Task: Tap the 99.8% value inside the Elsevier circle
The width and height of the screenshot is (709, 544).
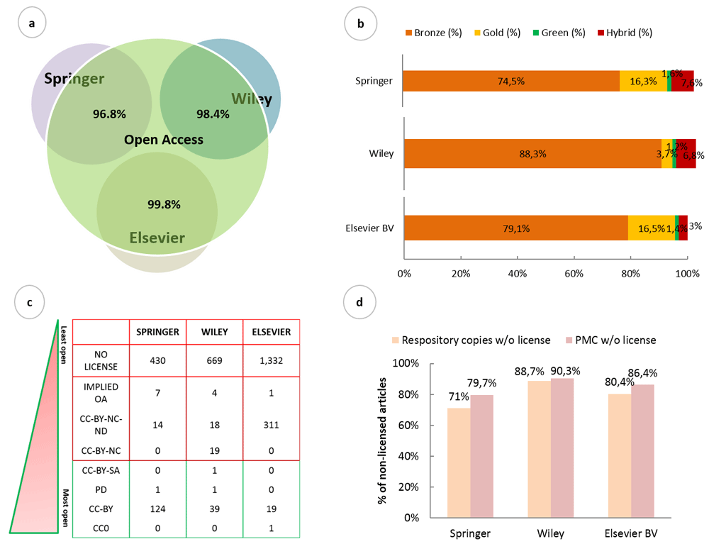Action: click(164, 204)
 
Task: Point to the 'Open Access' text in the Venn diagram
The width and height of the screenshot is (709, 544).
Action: click(164, 140)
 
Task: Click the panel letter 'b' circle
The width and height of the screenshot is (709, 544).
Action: click(360, 24)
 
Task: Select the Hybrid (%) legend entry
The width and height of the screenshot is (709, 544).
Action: click(625, 33)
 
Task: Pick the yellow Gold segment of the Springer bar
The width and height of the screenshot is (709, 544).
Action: click(643, 81)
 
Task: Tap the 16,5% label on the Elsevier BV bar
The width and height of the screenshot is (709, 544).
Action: click(651, 228)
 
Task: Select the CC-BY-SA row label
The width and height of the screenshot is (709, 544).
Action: click(100, 470)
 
